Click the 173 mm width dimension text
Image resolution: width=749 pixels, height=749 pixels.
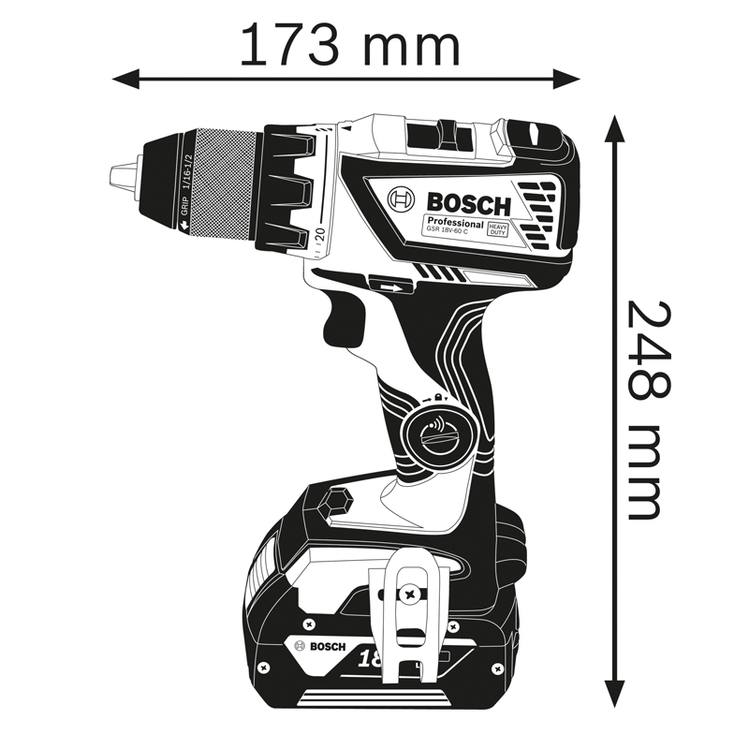[x=349, y=45]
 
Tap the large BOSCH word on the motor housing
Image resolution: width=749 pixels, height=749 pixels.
[x=468, y=203]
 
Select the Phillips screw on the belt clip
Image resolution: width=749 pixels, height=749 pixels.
[x=411, y=592]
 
